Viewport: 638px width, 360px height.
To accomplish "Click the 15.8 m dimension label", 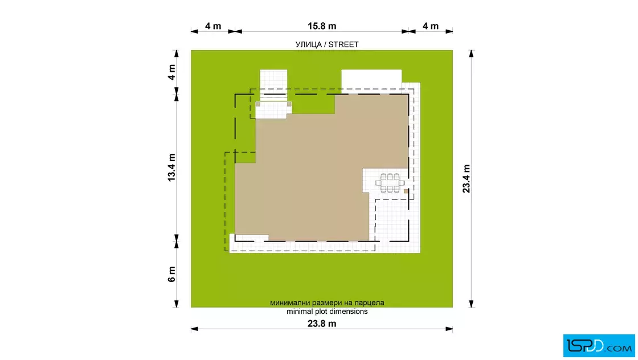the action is click(x=321, y=26).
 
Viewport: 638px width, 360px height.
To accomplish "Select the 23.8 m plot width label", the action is click(x=321, y=324).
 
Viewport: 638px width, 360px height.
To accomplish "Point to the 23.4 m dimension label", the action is click(x=467, y=179).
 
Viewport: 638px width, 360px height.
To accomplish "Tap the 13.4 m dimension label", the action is click(x=171, y=167).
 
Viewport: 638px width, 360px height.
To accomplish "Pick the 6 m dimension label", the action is click(x=171, y=274).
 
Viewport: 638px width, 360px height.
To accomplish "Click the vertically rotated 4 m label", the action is click(x=171, y=72).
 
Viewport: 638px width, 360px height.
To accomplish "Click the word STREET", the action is click(x=343, y=44).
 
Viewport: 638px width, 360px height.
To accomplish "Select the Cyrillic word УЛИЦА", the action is click(x=309, y=44).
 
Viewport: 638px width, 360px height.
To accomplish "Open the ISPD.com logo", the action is click(x=599, y=346).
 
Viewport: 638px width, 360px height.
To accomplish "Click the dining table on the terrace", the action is click(x=390, y=183).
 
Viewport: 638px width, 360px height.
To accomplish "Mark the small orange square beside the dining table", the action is click(x=406, y=190).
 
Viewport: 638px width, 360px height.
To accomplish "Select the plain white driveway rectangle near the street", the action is click(x=371, y=80).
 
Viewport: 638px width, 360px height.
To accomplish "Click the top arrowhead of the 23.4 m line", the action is click(x=471, y=54).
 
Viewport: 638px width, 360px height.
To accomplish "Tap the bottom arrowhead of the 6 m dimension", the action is click(x=176, y=304).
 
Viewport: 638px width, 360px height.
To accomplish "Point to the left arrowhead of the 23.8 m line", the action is click(x=194, y=329).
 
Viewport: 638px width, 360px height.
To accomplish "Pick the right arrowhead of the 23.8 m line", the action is click(x=449, y=329).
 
